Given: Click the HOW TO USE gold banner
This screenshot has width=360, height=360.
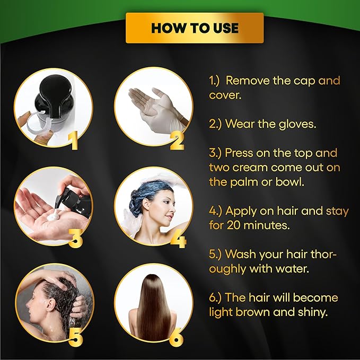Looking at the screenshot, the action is (195, 28).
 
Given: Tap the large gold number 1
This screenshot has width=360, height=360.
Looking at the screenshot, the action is (74, 142).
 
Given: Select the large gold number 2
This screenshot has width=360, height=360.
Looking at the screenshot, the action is (177, 142).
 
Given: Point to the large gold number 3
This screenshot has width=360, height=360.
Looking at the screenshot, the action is (75, 239).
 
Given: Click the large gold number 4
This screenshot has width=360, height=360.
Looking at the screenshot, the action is (179, 239).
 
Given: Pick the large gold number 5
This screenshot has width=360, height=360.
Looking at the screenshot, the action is (75, 337).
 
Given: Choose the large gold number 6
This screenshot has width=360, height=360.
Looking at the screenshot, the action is (177, 337).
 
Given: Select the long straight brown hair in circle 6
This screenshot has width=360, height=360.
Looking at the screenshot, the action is (153, 308).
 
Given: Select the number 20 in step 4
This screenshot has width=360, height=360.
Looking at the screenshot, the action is (234, 225).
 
